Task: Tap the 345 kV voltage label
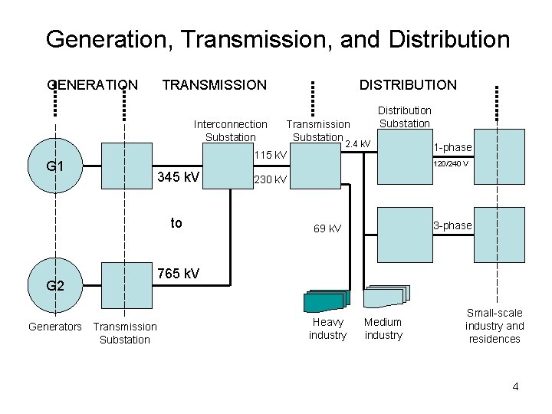coord(178,178)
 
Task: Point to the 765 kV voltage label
coord(178,274)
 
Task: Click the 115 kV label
coord(270,156)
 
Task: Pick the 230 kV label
coord(270,180)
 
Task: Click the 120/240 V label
coord(452,163)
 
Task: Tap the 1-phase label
coord(452,147)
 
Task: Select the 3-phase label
coord(452,225)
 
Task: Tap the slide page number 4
coord(515,386)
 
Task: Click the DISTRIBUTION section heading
coord(408,84)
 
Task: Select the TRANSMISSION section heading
coord(215,84)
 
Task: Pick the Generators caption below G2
coord(55,327)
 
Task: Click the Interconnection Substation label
coord(231,130)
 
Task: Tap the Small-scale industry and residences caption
coord(495,326)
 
